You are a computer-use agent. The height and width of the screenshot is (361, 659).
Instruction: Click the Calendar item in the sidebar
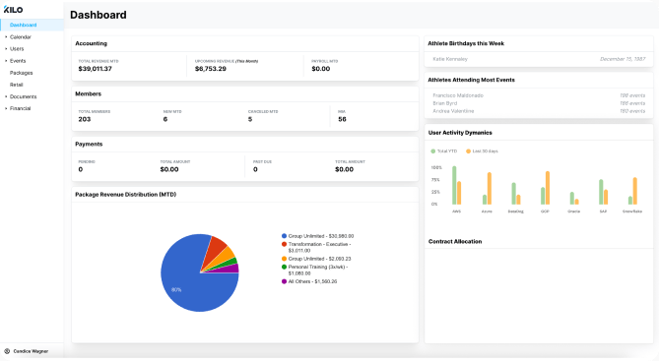[x=21, y=36]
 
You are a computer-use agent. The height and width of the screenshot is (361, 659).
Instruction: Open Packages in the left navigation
[x=21, y=73]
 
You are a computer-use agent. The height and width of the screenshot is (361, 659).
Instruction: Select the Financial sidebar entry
[x=21, y=108]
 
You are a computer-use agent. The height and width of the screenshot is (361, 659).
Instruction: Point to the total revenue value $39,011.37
[x=96, y=69]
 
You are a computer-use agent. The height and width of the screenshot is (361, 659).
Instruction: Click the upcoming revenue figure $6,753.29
[x=211, y=69]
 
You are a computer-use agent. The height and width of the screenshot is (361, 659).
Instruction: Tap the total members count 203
[x=85, y=119]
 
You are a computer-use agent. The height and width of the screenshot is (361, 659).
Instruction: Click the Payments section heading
[x=90, y=144]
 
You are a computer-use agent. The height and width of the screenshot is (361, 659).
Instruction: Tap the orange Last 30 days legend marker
[x=469, y=150]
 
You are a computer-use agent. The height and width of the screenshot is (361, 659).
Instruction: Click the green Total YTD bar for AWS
[x=454, y=185]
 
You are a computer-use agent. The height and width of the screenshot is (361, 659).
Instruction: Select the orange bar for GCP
[x=548, y=188]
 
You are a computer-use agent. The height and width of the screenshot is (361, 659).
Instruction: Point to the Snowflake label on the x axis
[x=632, y=211]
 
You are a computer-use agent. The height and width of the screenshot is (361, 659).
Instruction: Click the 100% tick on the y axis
[x=435, y=167]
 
